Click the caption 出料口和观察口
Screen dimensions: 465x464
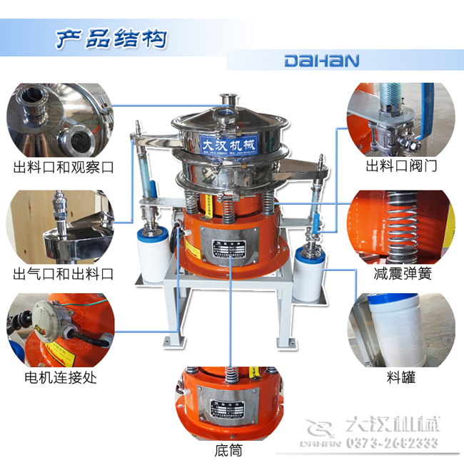point(64,168)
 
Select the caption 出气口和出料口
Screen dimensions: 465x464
point(64,274)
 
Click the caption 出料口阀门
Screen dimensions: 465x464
point(401,167)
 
